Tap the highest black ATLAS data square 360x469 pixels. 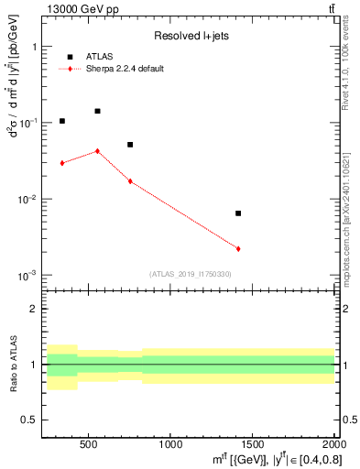(97, 111)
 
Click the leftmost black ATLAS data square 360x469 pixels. (62, 121)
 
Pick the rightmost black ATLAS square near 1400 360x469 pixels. (238, 213)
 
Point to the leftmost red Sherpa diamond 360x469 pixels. (62, 163)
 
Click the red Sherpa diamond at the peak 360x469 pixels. (97, 151)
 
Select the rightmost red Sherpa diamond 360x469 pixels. (238, 249)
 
